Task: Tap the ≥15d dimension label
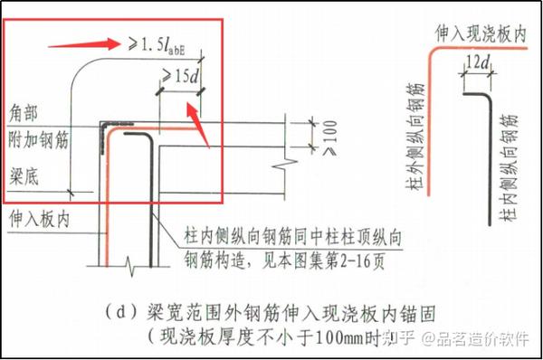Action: tap(179, 79)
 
